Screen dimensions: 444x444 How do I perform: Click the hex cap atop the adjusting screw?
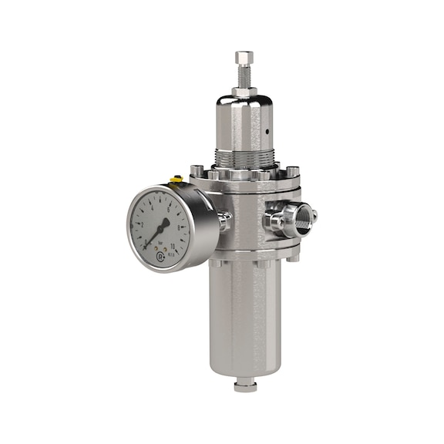coord(244,57)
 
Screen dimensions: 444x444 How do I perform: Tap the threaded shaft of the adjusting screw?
coord(244,75)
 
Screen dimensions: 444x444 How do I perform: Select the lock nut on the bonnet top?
coord(244,92)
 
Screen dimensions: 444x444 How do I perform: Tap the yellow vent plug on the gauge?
coord(177,181)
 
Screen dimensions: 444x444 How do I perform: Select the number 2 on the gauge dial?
coord(142,222)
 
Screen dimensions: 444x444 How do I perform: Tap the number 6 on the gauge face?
coord(169,203)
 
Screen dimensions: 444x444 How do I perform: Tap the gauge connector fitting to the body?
coord(224,221)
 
